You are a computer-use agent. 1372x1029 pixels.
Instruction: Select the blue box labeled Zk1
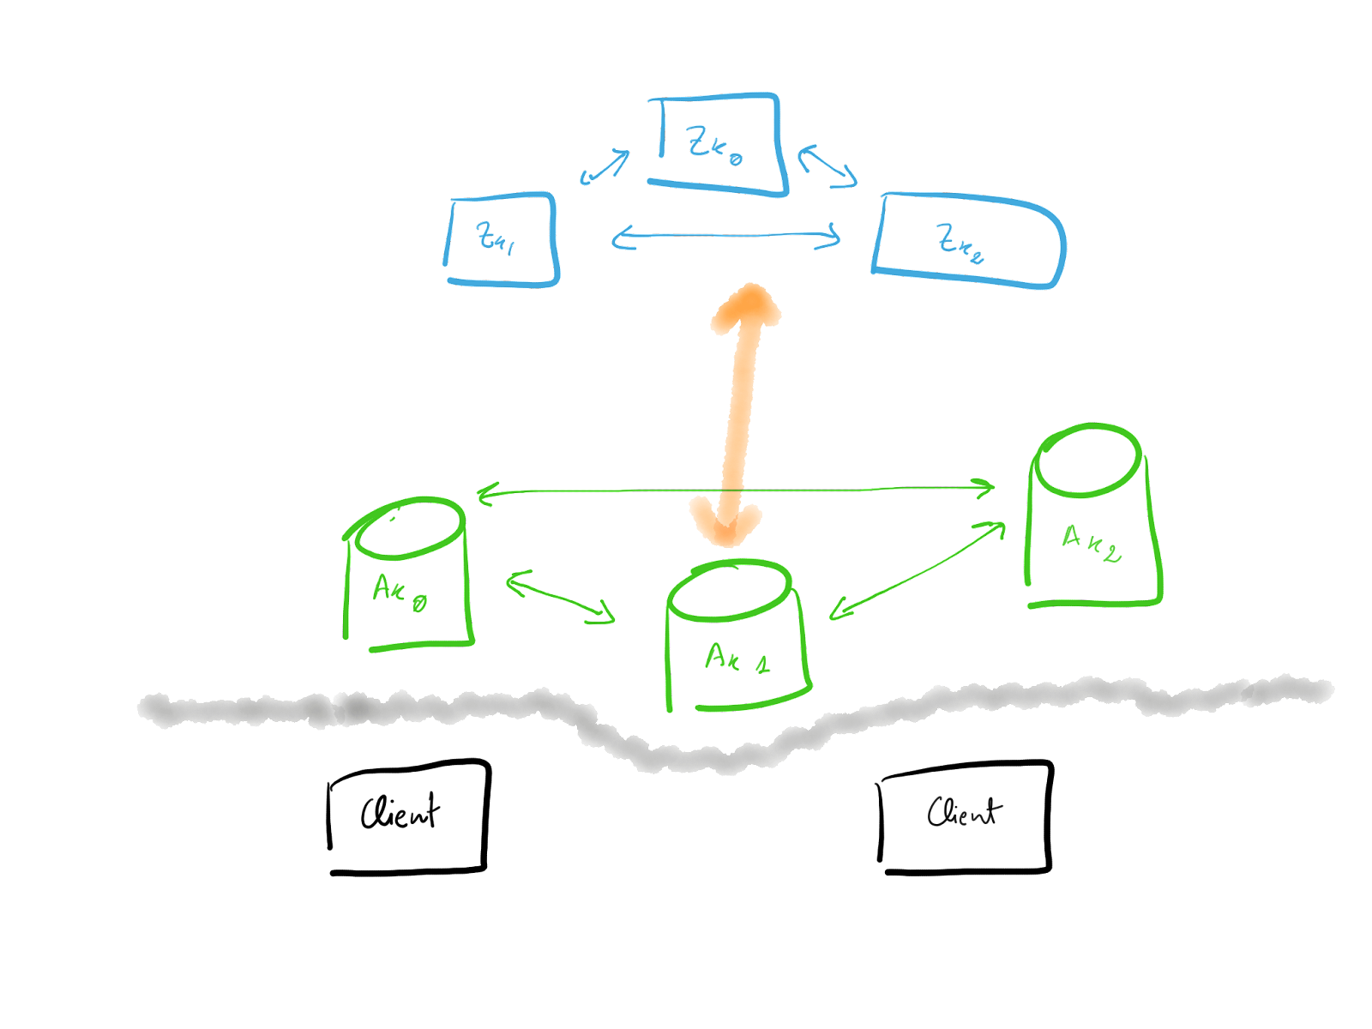pos(501,239)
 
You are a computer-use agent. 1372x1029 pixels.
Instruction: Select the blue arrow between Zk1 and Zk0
pos(605,166)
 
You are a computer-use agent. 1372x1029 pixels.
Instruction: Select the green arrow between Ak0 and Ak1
pos(561,596)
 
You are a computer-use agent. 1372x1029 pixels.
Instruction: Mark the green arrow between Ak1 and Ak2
pos(918,569)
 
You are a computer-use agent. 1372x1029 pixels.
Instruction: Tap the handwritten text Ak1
pos(736,659)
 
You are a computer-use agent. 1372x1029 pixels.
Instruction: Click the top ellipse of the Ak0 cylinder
pos(410,526)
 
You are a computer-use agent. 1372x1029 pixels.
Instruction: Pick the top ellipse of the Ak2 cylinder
pos(1087,459)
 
